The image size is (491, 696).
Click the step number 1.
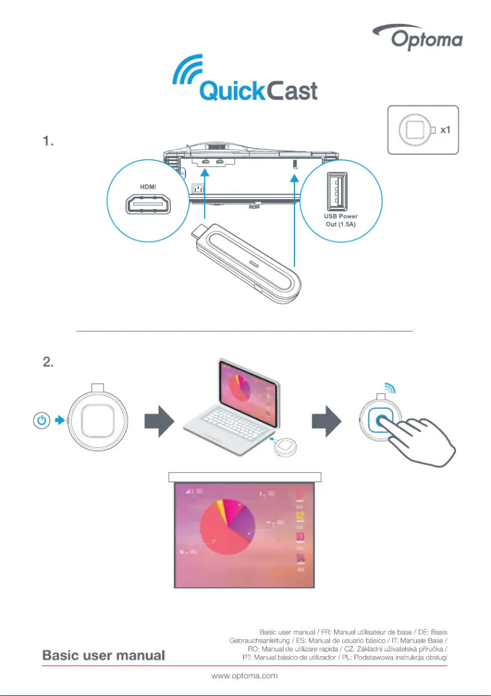coord(48,142)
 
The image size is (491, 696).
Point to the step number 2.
coord(48,362)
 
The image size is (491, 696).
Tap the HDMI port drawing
coord(149,204)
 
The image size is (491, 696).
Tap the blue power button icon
coord(40,421)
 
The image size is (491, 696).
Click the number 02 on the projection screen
coord(301,516)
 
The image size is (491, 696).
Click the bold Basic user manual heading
coord(103,656)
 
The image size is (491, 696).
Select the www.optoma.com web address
coord(245,676)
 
